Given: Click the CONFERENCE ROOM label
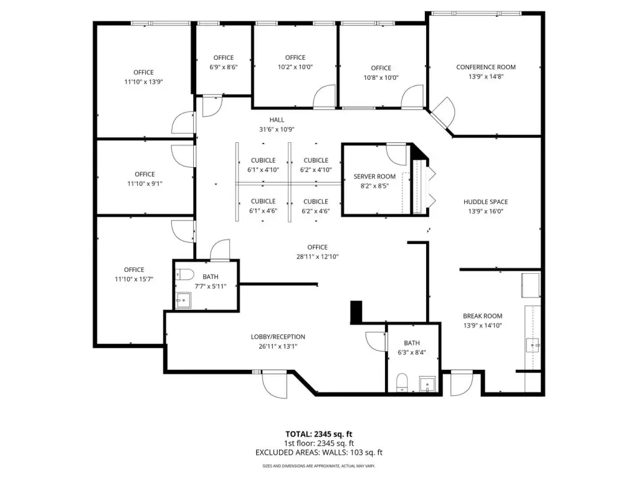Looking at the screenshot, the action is [x=486, y=67].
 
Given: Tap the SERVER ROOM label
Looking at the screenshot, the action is [x=374, y=177].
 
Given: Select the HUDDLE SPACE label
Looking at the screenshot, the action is [x=485, y=201].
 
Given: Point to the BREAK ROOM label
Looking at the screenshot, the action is [x=483, y=316].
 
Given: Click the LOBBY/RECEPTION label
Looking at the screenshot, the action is [x=278, y=337].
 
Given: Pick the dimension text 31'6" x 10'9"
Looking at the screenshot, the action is [x=277, y=130].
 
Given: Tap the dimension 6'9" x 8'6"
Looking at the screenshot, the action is [x=224, y=67].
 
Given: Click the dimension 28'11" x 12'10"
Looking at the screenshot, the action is [x=317, y=256].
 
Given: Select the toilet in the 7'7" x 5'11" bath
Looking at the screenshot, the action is [x=184, y=274].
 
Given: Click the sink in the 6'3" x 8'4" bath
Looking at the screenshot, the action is [x=427, y=384].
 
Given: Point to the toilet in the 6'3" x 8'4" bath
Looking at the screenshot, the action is [x=402, y=382].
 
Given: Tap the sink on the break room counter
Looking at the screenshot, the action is [x=533, y=345].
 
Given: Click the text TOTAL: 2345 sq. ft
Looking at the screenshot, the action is [x=318, y=434].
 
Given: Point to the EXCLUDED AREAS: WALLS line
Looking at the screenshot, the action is [x=319, y=453].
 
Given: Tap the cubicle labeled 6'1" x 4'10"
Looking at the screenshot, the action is [x=263, y=165].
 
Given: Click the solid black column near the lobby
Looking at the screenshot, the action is [x=356, y=312].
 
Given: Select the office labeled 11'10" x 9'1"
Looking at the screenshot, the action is [x=145, y=178].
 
